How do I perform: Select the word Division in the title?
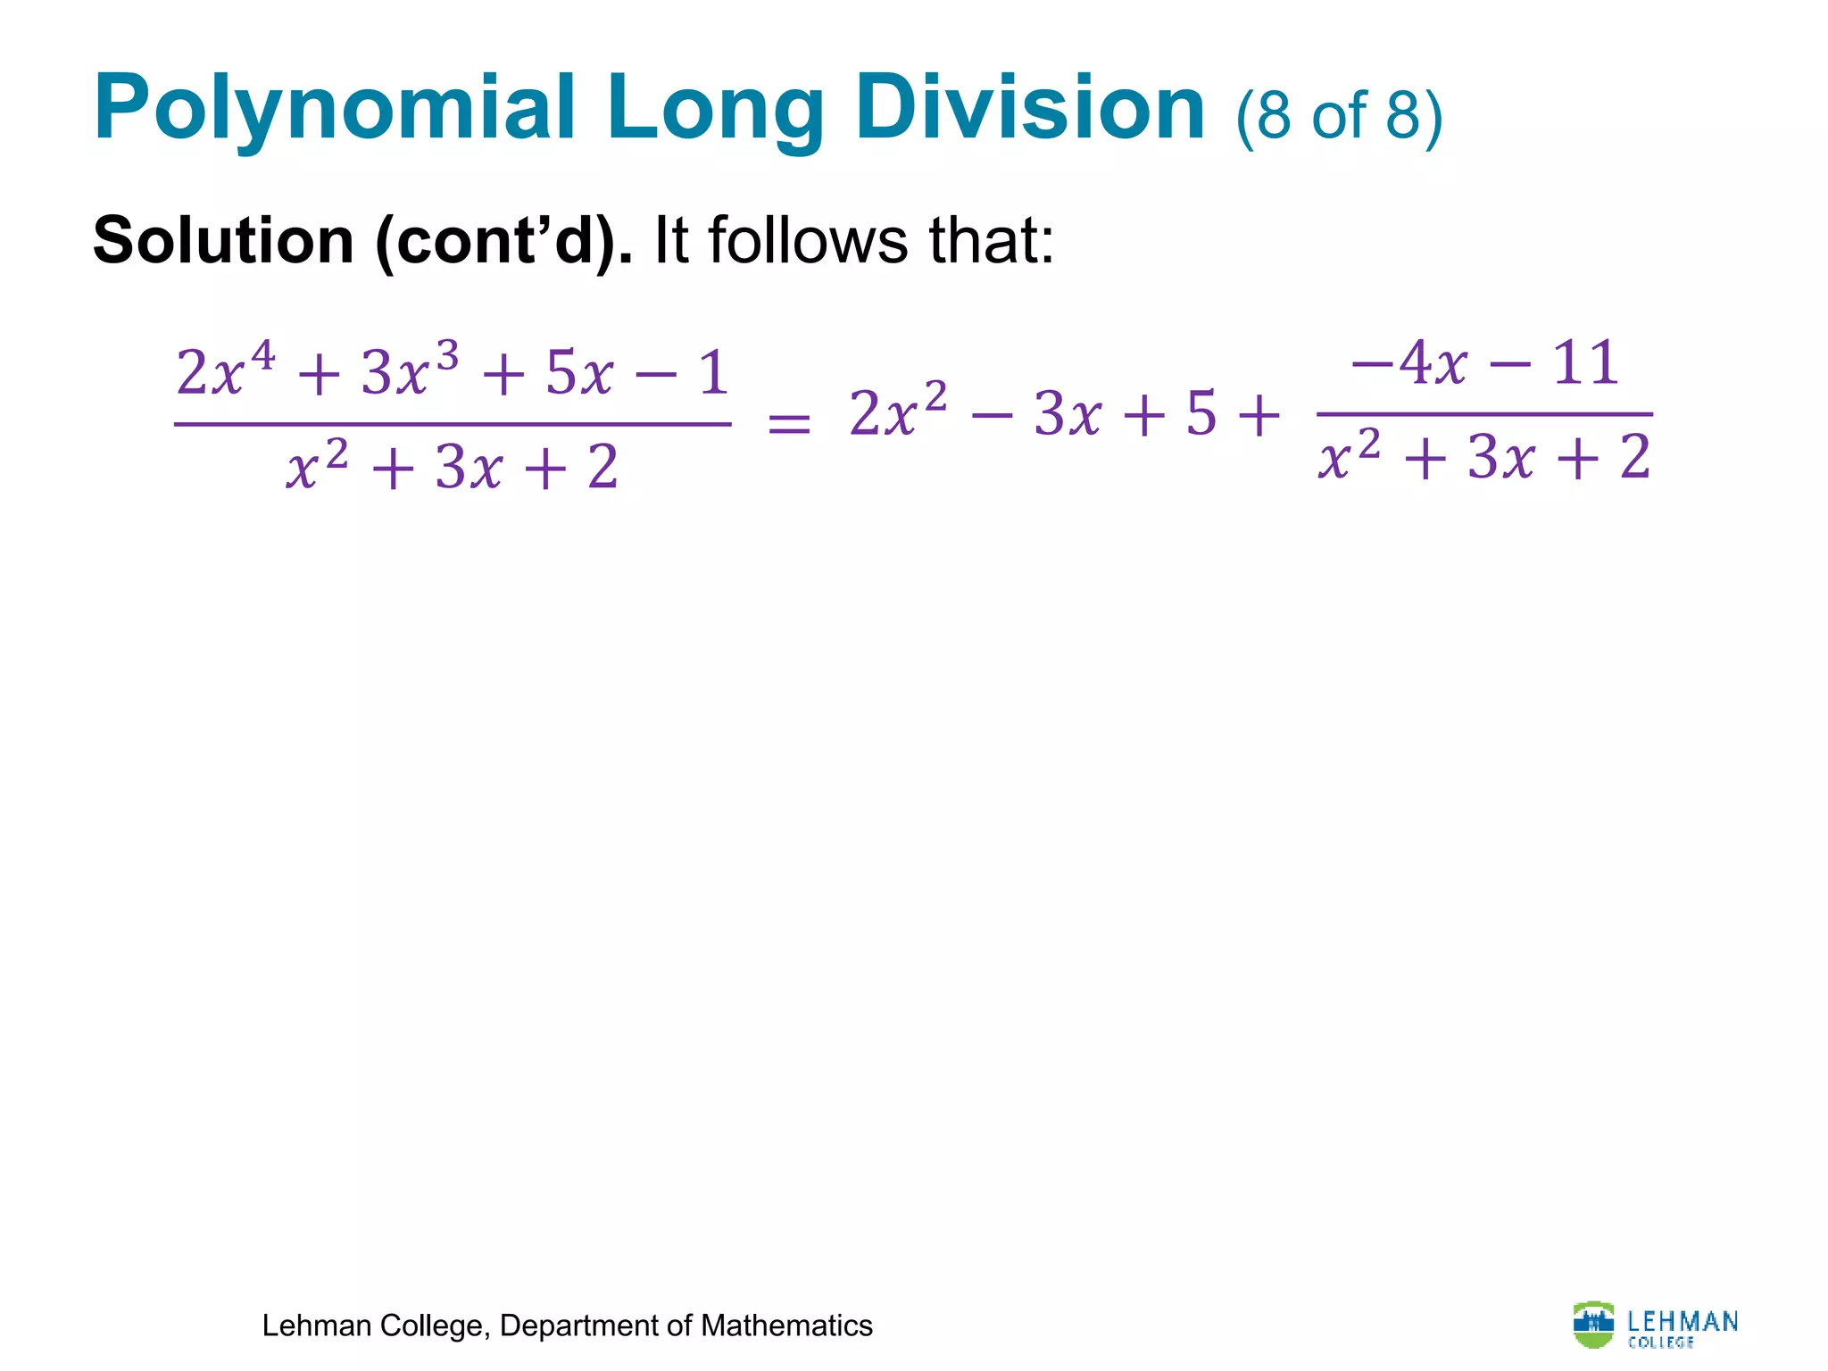(x=1031, y=109)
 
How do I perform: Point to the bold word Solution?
(x=223, y=241)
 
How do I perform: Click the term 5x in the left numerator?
(x=579, y=373)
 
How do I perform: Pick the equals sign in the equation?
(x=789, y=422)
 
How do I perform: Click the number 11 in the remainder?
(x=1586, y=363)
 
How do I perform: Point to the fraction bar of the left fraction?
(x=453, y=424)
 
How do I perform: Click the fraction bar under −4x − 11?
(x=1484, y=414)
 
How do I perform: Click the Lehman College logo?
(x=1655, y=1325)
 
